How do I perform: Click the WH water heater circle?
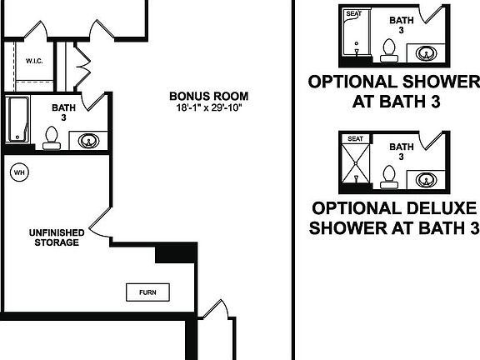click(18, 172)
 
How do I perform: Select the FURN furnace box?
click(147, 292)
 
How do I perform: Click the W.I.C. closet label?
click(34, 61)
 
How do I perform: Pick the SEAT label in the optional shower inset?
click(353, 14)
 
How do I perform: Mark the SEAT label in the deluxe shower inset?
click(356, 139)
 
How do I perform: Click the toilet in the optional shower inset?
click(389, 51)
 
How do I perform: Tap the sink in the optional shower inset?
click(426, 53)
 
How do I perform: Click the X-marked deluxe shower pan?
click(355, 165)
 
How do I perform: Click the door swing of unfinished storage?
click(97, 225)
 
